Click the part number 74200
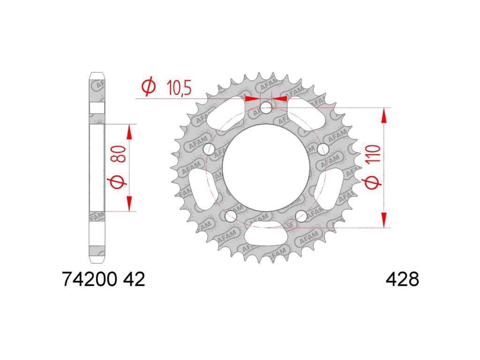(x=90, y=279)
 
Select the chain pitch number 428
(x=402, y=279)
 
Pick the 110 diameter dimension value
(x=375, y=154)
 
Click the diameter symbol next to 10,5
(x=149, y=87)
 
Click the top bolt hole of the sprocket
(x=266, y=108)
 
